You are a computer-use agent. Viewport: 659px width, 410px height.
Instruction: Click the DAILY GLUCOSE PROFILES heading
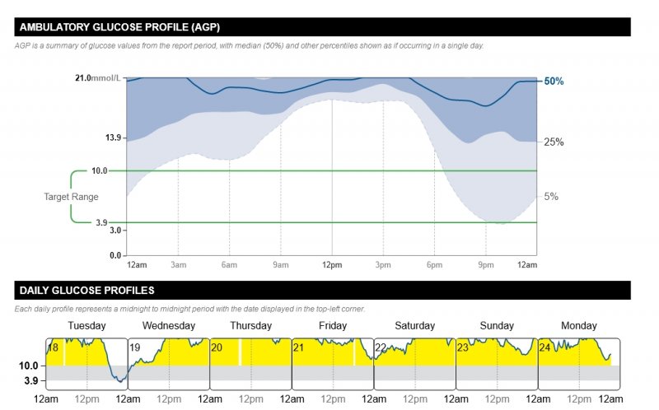click(86, 291)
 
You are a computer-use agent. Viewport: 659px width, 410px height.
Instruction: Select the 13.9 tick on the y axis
click(113, 137)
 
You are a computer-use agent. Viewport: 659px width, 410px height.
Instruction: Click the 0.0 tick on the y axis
click(115, 255)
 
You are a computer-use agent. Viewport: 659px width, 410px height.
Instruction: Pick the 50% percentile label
click(554, 82)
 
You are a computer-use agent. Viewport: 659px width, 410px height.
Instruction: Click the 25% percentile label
click(554, 142)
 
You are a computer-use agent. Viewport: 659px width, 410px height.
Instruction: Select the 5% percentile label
click(551, 197)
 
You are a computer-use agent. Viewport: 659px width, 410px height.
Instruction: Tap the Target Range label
click(71, 197)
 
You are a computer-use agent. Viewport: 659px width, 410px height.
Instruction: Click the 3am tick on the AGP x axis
click(178, 264)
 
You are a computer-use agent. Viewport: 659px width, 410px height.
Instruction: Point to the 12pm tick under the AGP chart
click(332, 264)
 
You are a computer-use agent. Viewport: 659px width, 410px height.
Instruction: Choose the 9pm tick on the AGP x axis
click(486, 264)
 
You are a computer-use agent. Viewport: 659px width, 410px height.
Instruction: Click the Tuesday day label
click(86, 326)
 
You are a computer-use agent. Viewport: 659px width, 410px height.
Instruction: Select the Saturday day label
click(414, 326)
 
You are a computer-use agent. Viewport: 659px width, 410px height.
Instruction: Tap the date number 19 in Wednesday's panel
click(135, 347)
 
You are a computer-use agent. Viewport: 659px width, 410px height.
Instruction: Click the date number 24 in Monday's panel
click(545, 347)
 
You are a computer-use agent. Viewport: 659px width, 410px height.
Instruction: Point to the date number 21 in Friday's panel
click(299, 347)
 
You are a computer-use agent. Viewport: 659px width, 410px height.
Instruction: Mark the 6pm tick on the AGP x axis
click(434, 264)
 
